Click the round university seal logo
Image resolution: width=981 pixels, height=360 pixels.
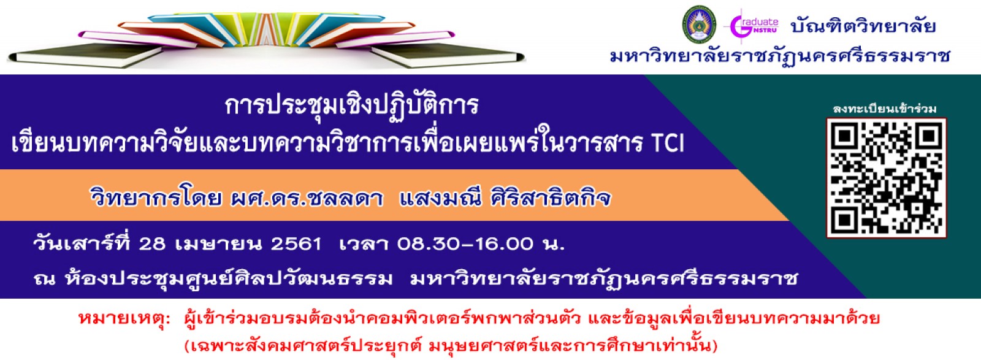(x=700, y=25)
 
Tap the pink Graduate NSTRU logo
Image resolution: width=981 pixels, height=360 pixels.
(x=754, y=26)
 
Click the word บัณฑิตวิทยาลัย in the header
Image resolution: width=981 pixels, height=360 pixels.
(x=863, y=26)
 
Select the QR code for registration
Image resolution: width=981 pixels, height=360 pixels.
(x=887, y=178)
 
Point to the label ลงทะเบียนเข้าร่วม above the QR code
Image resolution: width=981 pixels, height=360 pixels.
(x=885, y=109)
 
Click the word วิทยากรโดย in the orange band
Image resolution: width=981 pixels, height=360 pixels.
(x=156, y=198)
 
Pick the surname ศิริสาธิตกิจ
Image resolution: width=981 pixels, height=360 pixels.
(x=551, y=198)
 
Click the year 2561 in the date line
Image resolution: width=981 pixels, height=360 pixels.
(x=296, y=244)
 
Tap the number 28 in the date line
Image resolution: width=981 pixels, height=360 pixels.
(x=152, y=244)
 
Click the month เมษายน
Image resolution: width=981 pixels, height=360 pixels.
(x=218, y=244)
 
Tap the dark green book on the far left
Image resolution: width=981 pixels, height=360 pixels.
(x=85, y=55)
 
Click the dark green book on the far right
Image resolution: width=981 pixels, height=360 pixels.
(x=448, y=55)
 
